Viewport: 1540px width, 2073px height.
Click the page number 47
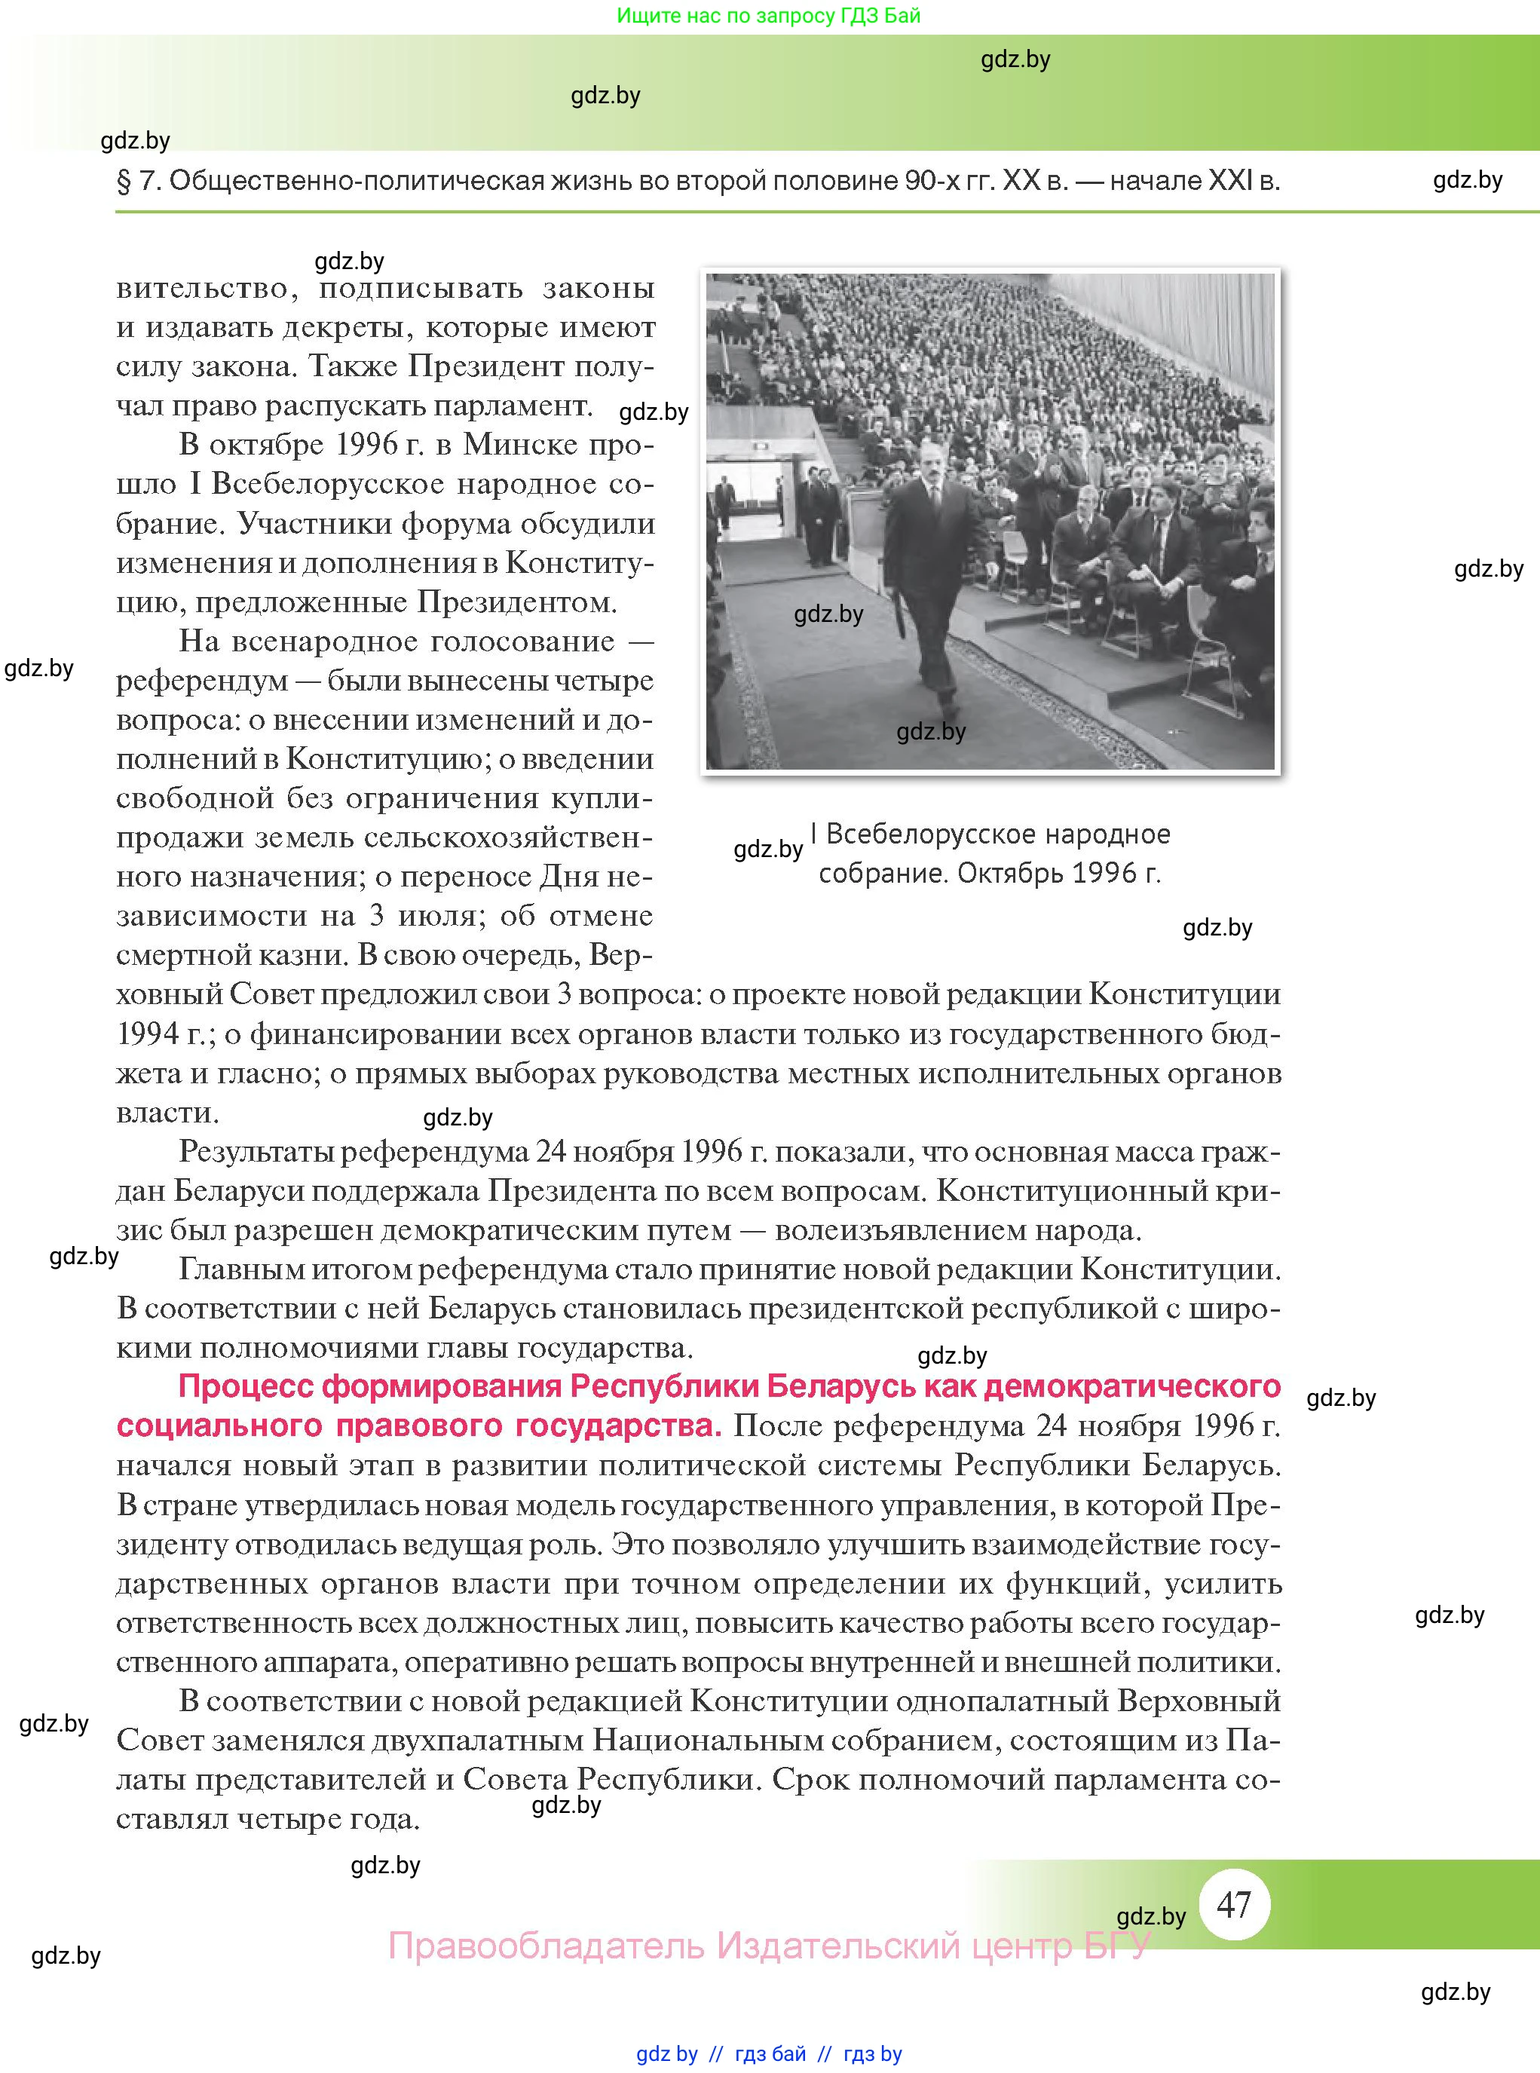[x=1233, y=1903]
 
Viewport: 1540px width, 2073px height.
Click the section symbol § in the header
[x=124, y=181]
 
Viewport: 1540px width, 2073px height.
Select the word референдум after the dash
[x=201, y=681]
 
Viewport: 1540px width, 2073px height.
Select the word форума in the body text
[x=456, y=524]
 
